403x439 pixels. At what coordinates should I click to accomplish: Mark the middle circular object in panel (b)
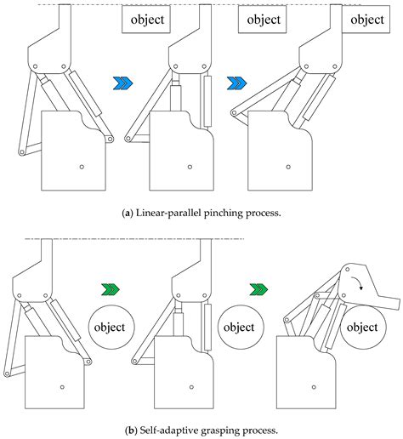tap(238, 328)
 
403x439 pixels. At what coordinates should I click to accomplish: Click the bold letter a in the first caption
tap(127, 213)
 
